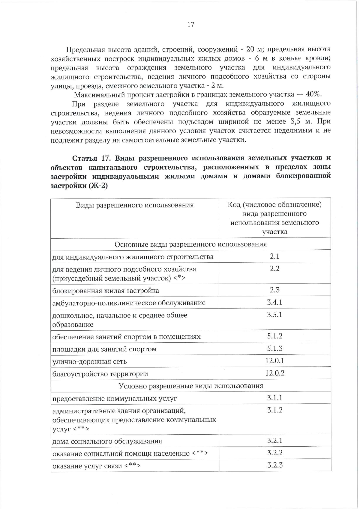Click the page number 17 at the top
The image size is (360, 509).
click(x=191, y=25)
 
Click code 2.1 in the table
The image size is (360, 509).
click(x=274, y=256)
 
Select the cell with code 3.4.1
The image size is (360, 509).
click(x=274, y=302)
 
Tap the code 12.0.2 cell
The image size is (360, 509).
click(x=274, y=373)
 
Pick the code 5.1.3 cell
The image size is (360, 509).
click(x=274, y=348)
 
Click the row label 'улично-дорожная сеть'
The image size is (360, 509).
click(x=89, y=362)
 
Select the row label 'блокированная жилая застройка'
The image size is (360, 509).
click(x=106, y=291)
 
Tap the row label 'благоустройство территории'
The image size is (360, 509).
click(x=100, y=374)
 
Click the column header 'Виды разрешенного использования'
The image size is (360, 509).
click(x=135, y=205)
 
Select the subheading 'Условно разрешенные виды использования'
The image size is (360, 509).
click(x=191, y=386)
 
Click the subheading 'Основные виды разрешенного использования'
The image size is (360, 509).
click(x=191, y=244)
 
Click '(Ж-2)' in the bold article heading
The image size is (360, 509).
click(x=98, y=186)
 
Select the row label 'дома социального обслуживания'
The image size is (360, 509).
click(x=107, y=441)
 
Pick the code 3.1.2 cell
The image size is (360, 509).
click(x=275, y=410)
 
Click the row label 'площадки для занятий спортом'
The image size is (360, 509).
click(x=104, y=349)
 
